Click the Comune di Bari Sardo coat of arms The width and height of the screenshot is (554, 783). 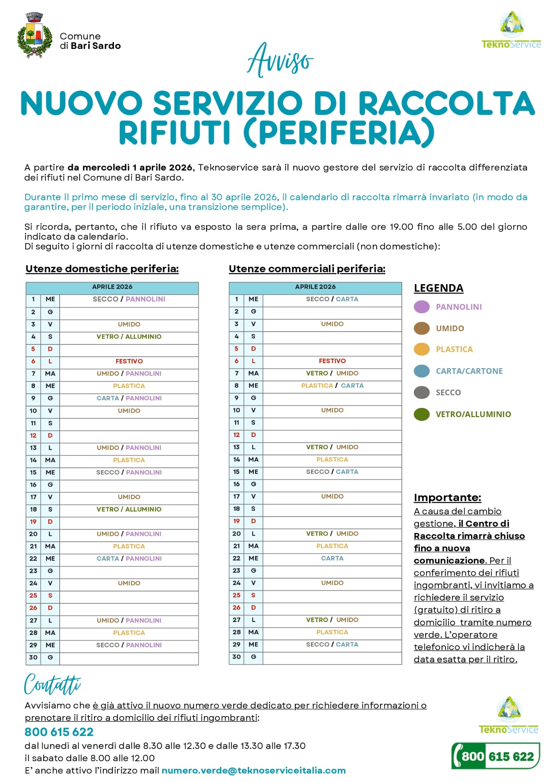34,35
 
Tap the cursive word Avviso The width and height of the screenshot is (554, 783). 280,60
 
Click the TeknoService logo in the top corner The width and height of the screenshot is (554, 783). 511,31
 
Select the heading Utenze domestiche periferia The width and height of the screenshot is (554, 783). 102,269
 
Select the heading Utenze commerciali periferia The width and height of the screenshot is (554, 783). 307,269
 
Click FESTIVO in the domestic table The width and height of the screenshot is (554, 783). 129,361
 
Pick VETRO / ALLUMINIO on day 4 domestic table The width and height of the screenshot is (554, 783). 129,336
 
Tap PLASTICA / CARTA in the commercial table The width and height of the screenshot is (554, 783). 332,385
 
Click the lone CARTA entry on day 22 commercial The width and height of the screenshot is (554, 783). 332,558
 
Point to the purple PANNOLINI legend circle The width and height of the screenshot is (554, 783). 422,307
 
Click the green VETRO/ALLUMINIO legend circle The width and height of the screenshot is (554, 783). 422,414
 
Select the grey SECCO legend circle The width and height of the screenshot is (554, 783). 422,392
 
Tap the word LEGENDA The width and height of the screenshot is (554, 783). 439,288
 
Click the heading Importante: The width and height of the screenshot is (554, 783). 447,497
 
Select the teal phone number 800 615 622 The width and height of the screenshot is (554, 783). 59,732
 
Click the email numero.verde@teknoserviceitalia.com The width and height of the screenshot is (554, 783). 253,770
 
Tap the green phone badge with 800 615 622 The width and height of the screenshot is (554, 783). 496,756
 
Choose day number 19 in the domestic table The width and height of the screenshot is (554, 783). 33,521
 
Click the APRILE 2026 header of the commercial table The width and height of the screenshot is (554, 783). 315,287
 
